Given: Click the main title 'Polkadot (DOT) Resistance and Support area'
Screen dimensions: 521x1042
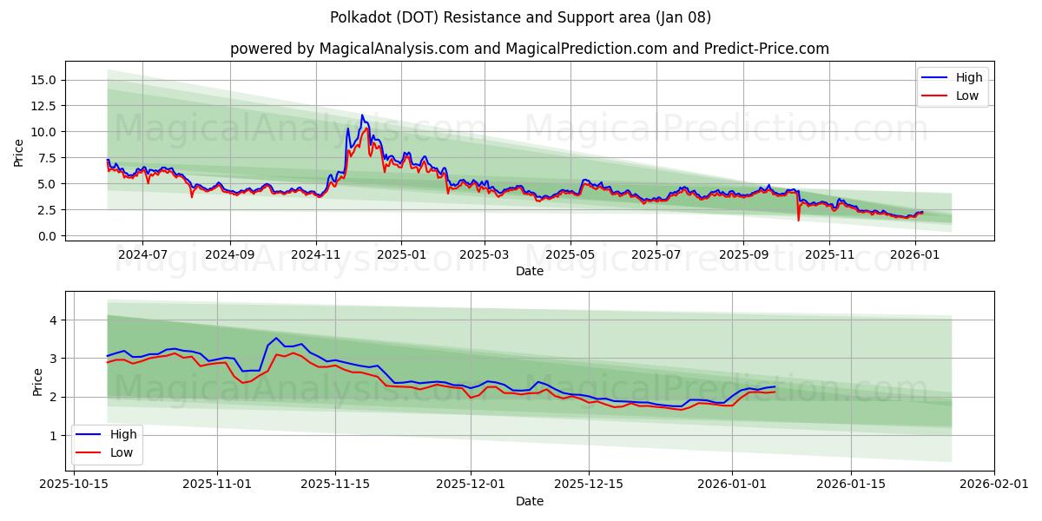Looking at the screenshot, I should [x=521, y=17].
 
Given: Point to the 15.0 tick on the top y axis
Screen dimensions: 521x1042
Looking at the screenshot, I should [x=43, y=80].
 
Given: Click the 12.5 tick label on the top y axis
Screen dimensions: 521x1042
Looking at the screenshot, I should [x=43, y=106].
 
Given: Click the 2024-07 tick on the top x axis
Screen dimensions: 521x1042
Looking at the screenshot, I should [x=142, y=254].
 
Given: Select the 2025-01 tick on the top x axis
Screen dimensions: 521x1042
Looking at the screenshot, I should [x=401, y=254].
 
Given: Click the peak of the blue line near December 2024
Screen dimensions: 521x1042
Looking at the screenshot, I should [x=362, y=115].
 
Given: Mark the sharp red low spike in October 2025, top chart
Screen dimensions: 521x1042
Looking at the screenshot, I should [x=798, y=220].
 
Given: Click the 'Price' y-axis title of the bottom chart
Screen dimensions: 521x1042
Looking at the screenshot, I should [x=38, y=382].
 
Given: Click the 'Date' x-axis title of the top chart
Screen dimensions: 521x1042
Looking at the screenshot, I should [x=529, y=271].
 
